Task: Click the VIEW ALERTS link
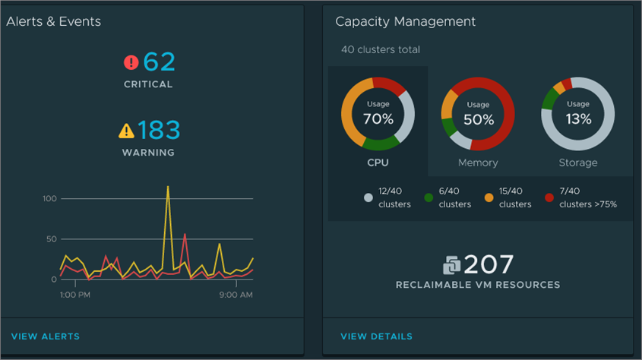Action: pos(46,336)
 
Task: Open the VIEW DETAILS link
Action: pos(376,336)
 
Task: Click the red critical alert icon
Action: pos(131,62)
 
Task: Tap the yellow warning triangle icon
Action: pos(126,131)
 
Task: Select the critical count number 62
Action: pos(159,62)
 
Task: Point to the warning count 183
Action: pos(160,131)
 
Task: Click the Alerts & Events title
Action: pos(54,22)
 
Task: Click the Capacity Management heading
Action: pos(406,22)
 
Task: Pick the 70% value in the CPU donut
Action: pos(378,118)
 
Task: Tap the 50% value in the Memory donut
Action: pos(478,119)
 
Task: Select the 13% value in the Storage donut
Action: pos(578,118)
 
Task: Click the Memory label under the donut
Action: pos(478,163)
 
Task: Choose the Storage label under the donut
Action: pos(578,163)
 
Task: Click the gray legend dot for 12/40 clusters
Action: pos(368,198)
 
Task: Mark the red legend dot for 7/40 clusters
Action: pos(549,198)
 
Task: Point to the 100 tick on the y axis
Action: pos(49,199)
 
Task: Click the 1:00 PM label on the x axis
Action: pos(76,295)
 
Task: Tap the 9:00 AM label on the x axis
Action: pos(236,295)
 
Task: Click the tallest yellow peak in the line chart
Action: pos(167,186)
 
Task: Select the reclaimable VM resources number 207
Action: pos(489,264)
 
